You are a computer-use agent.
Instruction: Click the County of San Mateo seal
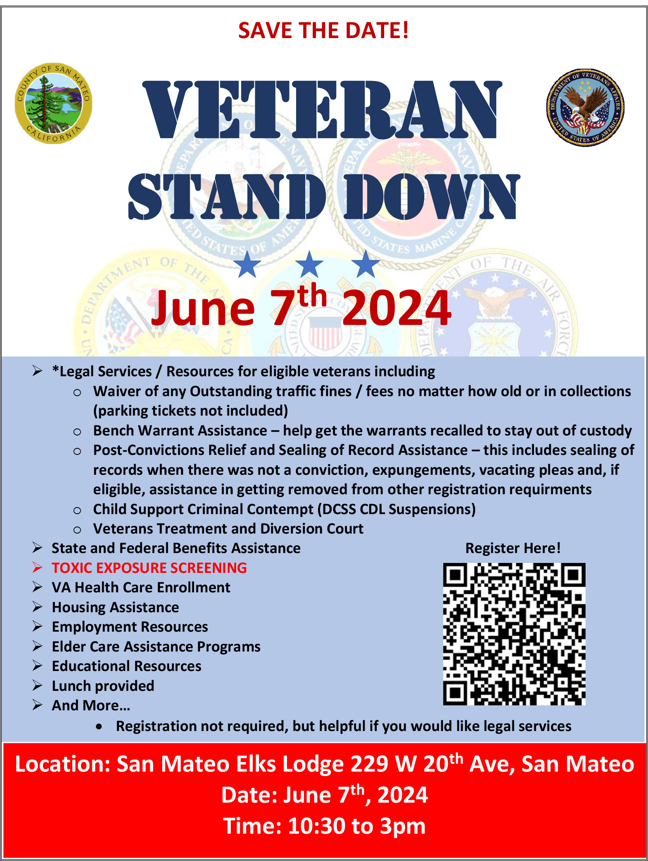53,103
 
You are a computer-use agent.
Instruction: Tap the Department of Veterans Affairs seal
585,108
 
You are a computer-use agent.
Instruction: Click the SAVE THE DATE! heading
323,30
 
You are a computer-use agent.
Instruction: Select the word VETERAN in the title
322,110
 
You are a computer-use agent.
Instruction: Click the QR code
514,634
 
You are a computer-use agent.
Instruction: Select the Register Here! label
513,548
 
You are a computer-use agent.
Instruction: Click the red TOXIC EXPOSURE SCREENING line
149,568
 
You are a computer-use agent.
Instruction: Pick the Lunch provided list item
103,686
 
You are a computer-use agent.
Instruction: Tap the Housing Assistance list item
115,607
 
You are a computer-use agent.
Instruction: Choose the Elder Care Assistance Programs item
156,647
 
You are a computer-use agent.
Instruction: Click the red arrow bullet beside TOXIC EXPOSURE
38,568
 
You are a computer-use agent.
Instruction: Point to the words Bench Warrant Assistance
180,430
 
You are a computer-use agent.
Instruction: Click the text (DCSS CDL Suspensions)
397,509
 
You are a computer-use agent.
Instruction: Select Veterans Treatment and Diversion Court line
228,529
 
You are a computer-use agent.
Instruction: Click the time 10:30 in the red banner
316,826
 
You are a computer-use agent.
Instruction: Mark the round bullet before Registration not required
99,727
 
